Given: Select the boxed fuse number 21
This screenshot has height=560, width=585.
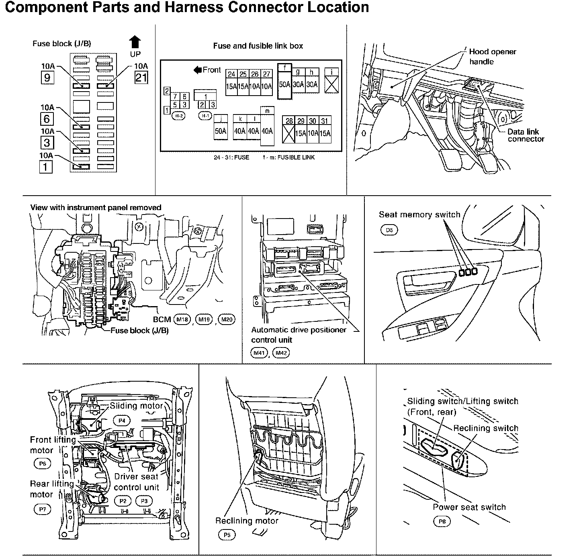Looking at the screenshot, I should coord(141,77).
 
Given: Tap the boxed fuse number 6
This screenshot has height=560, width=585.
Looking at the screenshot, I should coord(47,119).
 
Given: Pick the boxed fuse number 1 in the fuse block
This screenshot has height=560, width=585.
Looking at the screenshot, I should coord(46,166).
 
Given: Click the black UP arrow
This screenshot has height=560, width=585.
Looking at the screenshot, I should coord(135,43).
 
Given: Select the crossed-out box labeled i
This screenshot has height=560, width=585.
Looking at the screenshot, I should coord(331,85).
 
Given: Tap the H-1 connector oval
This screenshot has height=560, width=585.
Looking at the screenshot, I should coord(205,116).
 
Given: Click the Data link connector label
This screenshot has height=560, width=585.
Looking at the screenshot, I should coord(526,135).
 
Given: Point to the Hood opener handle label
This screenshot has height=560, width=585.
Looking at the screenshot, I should coord(492,56).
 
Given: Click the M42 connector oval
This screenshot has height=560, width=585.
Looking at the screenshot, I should coord(281,353).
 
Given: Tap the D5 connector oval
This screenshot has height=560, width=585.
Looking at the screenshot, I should coord(389,230).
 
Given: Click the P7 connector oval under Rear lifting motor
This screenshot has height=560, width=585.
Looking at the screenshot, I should coord(43,509).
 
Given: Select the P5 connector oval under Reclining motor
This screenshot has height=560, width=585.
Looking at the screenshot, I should coord(227,535).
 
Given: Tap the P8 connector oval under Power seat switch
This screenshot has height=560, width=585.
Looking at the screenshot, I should coord(442,521).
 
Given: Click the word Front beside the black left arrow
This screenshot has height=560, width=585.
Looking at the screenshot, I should coord(212,70).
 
